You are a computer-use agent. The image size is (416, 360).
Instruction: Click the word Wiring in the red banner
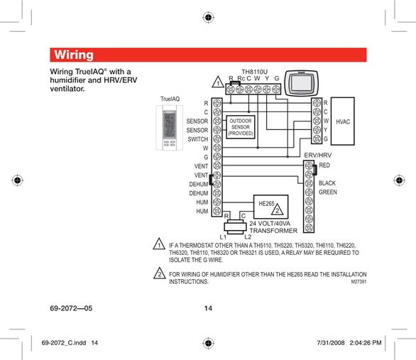click(x=74, y=55)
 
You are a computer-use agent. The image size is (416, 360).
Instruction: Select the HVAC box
click(x=342, y=121)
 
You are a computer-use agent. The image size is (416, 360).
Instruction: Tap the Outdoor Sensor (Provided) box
click(x=241, y=127)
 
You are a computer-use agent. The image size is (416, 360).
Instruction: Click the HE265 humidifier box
click(x=270, y=207)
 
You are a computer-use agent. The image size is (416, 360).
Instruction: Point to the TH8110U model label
click(x=254, y=72)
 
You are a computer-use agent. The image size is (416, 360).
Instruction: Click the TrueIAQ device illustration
click(x=169, y=128)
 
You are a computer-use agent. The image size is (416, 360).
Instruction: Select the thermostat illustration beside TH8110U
click(x=301, y=83)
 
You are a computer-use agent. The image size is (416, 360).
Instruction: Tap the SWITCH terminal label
click(x=197, y=139)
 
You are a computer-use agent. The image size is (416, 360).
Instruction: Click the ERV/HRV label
click(x=317, y=156)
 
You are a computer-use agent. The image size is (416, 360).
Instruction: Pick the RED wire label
click(x=324, y=165)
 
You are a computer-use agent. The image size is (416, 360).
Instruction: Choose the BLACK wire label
click(x=327, y=183)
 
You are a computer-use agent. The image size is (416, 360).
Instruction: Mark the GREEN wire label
click(x=328, y=192)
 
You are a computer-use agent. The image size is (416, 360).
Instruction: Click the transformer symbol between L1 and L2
click(x=235, y=227)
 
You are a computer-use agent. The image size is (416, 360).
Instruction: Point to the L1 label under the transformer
click(x=223, y=237)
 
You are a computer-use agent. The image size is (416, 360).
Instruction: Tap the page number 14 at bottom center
click(x=208, y=308)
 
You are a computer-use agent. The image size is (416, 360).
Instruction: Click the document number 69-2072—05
click(x=71, y=308)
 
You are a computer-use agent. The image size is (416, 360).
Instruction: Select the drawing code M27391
click(x=358, y=282)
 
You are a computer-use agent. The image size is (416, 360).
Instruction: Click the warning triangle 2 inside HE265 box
click(x=278, y=209)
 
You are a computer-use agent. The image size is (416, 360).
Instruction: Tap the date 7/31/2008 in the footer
click(x=331, y=343)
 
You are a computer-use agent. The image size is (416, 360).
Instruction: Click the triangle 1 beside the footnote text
click(x=159, y=244)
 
